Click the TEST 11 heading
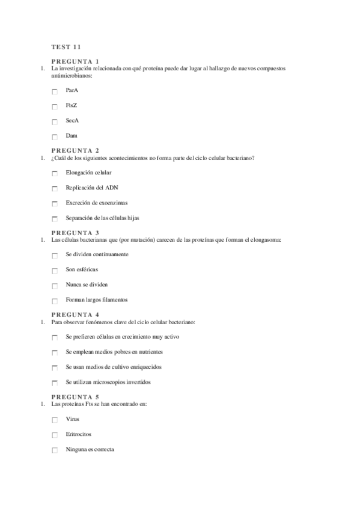click(66, 47)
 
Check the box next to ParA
click(55, 91)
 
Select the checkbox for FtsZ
click(55, 106)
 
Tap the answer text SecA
click(72, 120)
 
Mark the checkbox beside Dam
click(55, 137)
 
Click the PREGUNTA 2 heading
click(75, 150)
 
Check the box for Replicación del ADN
click(55, 189)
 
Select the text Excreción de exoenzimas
click(96, 203)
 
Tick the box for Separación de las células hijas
click(55, 219)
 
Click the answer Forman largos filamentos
click(96, 300)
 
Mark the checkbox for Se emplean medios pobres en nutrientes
click(55, 353)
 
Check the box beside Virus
click(55, 420)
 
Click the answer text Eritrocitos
click(79, 434)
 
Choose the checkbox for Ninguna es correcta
click(55, 450)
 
